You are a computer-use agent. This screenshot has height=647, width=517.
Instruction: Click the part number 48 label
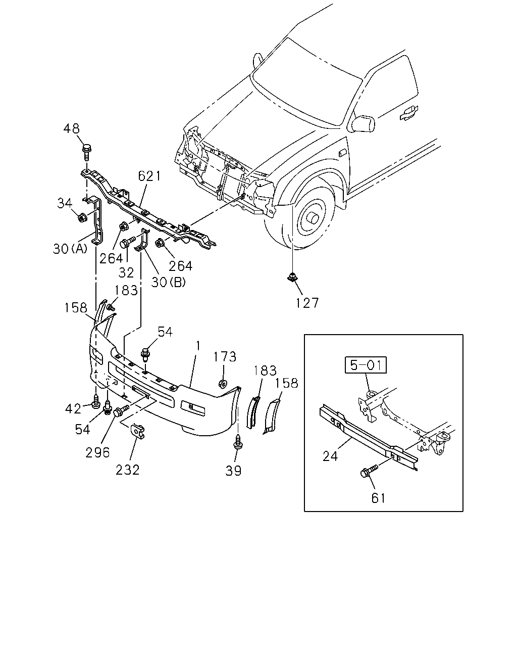tap(72, 129)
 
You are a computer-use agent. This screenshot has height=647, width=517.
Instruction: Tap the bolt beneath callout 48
tap(86, 152)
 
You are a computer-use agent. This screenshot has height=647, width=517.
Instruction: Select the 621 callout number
tap(149, 176)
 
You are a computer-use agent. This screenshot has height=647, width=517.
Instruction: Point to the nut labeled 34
tap(82, 217)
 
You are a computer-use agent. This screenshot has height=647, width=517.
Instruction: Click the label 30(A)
tap(70, 249)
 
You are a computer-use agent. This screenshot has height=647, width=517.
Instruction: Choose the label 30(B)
tap(168, 282)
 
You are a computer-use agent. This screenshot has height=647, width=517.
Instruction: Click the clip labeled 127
tap(292, 276)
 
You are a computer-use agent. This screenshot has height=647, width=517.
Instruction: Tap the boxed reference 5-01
tap(366, 365)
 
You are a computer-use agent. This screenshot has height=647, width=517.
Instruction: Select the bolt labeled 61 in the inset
tap(369, 471)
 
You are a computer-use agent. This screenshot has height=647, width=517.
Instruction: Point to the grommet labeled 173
tap(223, 384)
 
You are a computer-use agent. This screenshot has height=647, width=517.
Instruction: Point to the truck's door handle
tap(408, 112)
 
